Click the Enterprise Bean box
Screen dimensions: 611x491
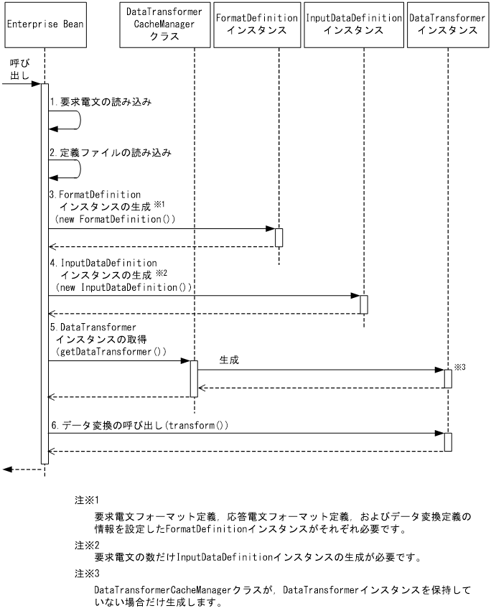pyautogui.click(x=44, y=24)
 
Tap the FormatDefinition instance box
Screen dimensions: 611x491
pyautogui.click(x=256, y=24)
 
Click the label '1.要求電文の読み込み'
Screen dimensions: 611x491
pyautogui.click(x=100, y=103)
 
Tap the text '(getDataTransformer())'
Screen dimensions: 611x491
pyautogui.click(x=111, y=352)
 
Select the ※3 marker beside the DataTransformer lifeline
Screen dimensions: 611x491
pyautogui.click(x=460, y=368)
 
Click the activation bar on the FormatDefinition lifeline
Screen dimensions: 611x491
pyautogui.click(x=279, y=237)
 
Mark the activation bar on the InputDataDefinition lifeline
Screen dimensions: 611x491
pyautogui.click(x=364, y=304)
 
